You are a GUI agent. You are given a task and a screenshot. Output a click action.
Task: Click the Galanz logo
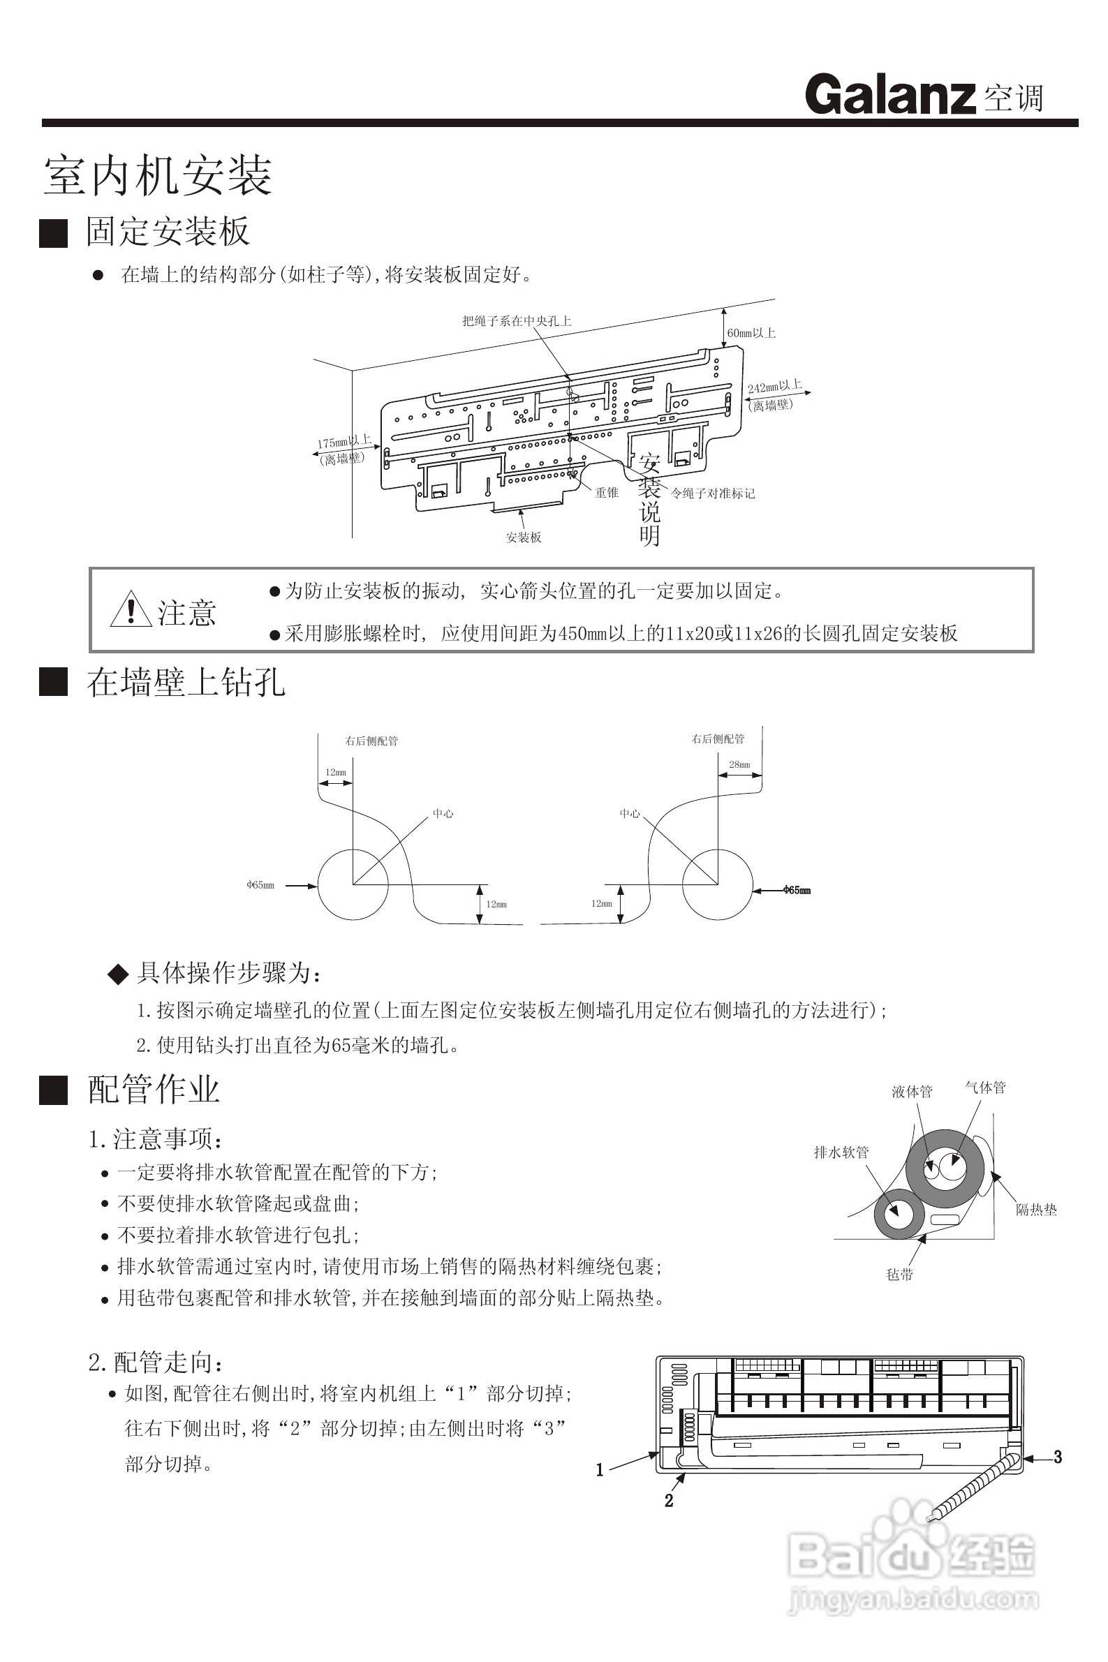tap(889, 95)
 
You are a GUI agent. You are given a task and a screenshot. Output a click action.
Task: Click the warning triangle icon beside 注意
tap(131, 609)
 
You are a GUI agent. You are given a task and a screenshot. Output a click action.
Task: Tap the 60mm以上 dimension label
tap(751, 333)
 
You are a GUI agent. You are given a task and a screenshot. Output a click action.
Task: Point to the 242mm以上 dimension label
tap(774, 387)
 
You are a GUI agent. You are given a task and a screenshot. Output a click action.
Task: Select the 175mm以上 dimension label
tap(344, 442)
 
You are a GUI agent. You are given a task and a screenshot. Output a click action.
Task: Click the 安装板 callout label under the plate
tap(524, 537)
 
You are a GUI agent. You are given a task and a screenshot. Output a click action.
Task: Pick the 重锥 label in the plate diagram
tap(606, 493)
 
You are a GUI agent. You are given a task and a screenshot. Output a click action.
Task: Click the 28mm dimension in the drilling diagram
tap(739, 764)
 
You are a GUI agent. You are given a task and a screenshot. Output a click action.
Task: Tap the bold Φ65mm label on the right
tap(797, 890)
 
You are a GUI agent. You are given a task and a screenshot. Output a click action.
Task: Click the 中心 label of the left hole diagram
tap(443, 814)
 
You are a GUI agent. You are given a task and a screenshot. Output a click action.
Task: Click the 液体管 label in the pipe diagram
tap(912, 1092)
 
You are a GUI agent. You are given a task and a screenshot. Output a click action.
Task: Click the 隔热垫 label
tap(1036, 1210)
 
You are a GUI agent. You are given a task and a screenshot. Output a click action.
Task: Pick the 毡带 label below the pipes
tap(899, 1274)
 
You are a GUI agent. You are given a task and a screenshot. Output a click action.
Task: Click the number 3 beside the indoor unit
tap(1058, 1457)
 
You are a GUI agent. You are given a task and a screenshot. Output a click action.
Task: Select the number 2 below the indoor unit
tap(669, 1501)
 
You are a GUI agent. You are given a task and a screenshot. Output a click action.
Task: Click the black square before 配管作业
tap(53, 1090)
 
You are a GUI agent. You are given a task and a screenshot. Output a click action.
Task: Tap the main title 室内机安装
tap(158, 175)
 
